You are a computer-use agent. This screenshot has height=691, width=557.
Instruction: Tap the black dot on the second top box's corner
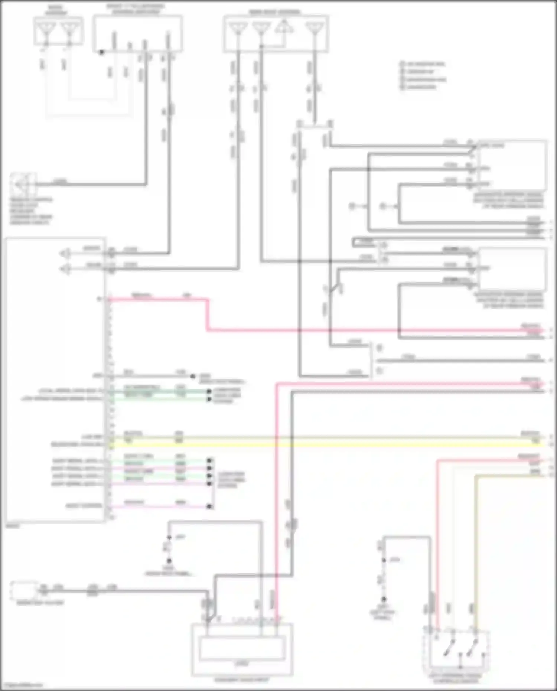pyautogui.click(x=101, y=52)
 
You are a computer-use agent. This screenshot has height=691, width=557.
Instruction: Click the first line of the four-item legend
pyautogui.click(x=423, y=64)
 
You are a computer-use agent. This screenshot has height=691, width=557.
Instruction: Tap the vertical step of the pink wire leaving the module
pyautogui.click(x=207, y=314)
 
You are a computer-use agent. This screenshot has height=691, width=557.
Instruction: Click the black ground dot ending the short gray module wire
pyautogui.click(x=193, y=376)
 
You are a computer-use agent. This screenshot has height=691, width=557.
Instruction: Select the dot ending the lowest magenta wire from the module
pyautogui.click(x=210, y=506)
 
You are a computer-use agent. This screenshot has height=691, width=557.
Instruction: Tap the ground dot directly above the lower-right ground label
pyautogui.click(x=384, y=599)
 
